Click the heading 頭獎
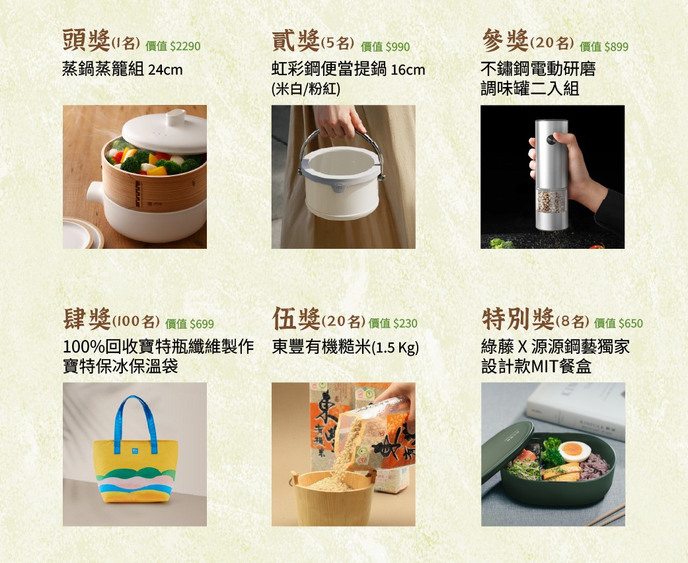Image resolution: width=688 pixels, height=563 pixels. [86, 41]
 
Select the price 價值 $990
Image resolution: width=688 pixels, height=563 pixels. [385, 46]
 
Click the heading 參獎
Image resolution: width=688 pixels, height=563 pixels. [504, 41]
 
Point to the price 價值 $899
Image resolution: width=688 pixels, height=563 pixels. [604, 46]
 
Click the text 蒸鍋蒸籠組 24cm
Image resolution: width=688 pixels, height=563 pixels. [122, 69]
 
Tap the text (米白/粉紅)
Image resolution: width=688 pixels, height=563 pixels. [306, 89]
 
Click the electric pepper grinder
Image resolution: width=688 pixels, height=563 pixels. [551, 175]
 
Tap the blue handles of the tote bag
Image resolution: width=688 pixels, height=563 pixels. [135, 422]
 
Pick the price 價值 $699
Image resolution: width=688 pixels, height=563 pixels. [190, 323]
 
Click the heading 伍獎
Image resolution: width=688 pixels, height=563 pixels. [296, 319]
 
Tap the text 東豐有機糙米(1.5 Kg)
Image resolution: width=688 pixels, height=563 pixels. [346, 348]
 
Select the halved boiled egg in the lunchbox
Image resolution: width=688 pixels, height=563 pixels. [574, 451]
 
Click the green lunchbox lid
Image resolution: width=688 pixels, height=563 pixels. [506, 449]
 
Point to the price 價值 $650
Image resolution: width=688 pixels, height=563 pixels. [619, 323]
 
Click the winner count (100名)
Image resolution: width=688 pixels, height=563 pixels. [136, 322]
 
